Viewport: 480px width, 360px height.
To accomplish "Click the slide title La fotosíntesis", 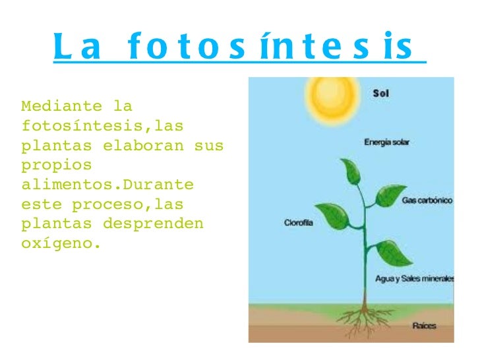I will (x=239, y=47).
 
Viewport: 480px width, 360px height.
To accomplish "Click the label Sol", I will (x=381, y=94).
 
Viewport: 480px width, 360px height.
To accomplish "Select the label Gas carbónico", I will (x=427, y=200).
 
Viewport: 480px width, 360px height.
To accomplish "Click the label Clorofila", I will (x=299, y=223).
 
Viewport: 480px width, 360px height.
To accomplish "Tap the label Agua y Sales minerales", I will (x=414, y=279).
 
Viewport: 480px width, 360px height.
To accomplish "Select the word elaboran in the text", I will (x=143, y=144).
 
